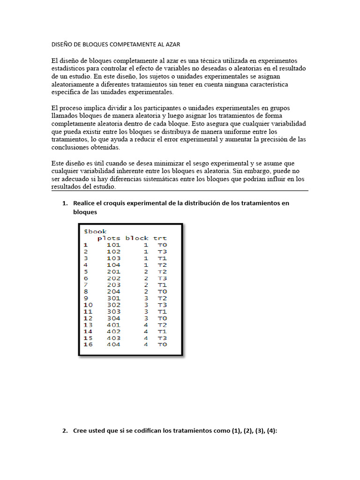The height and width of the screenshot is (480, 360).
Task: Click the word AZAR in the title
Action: click(x=172, y=44)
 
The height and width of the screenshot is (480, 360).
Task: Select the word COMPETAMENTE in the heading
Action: click(x=131, y=44)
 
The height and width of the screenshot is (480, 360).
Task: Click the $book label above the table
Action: click(x=95, y=231)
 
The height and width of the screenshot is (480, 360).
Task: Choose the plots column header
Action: click(x=109, y=238)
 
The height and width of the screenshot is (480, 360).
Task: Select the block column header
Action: click(x=137, y=238)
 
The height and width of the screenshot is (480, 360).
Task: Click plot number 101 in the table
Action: click(x=113, y=245)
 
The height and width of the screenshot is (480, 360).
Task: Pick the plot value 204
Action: click(x=113, y=291)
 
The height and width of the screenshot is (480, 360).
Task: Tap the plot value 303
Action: click(x=113, y=311)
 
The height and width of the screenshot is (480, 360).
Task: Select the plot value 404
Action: click(x=113, y=345)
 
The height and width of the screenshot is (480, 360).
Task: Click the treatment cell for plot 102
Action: click(x=162, y=251)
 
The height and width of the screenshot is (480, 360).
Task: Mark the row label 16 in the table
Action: click(x=88, y=345)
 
